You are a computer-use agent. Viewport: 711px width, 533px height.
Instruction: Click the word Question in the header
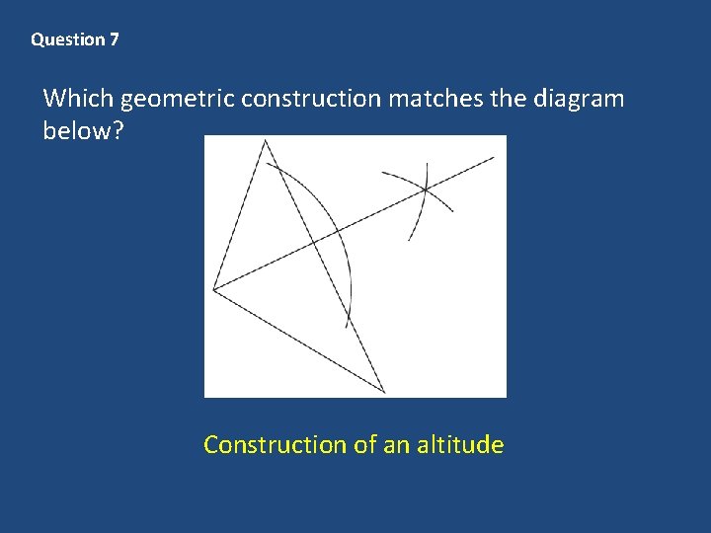click(x=67, y=40)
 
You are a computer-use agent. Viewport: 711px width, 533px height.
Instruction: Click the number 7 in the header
click(x=115, y=40)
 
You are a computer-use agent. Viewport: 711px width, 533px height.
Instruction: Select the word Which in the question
click(x=79, y=99)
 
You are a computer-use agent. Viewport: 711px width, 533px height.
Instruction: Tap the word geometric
click(x=178, y=100)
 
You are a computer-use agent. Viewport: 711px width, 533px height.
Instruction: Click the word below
click(x=77, y=131)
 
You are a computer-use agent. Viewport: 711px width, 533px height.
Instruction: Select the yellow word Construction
click(x=274, y=445)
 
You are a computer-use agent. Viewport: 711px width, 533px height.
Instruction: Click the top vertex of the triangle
click(x=265, y=140)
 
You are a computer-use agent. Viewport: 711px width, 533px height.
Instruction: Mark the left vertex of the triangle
click(x=213, y=288)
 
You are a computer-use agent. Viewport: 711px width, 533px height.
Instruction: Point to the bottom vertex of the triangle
click(x=385, y=392)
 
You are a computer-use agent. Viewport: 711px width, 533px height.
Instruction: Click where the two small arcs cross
click(x=425, y=188)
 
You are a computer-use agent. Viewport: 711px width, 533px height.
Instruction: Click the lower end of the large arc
click(x=348, y=327)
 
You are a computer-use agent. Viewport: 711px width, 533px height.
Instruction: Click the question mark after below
click(x=118, y=131)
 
